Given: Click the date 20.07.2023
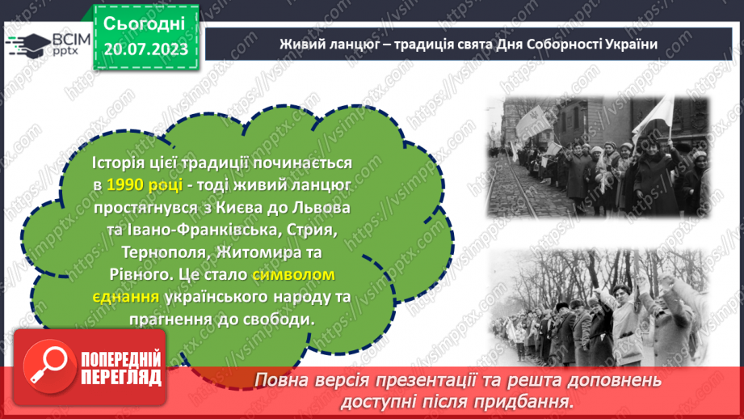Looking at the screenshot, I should pos(145,49).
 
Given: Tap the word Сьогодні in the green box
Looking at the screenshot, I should pos(145,23).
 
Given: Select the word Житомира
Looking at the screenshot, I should pos(252,252).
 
